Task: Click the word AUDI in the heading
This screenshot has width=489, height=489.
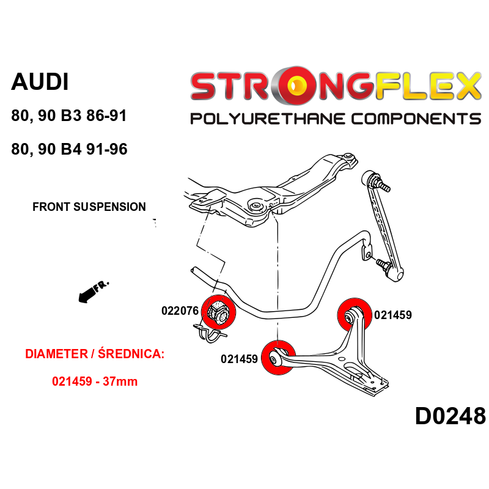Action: [40, 82]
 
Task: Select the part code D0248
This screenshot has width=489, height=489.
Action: [450, 416]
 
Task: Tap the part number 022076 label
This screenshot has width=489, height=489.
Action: [180, 311]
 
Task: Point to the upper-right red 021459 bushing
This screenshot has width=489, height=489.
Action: [354, 315]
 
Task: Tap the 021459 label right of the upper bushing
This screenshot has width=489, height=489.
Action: [393, 315]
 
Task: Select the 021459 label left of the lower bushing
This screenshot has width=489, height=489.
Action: [239, 359]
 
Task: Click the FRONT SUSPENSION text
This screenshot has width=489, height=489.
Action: [89, 207]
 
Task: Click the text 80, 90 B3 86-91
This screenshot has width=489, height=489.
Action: [68, 116]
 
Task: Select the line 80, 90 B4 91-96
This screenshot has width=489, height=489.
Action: [69, 149]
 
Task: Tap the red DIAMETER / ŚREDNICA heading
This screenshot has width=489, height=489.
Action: [95, 354]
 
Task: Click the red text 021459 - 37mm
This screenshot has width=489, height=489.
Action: [95, 381]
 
